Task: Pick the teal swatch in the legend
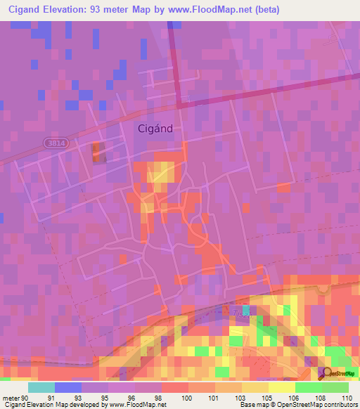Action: [x=41, y=387]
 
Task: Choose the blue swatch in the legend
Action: [x=68, y=387]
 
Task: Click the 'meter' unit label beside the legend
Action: [x=11, y=397]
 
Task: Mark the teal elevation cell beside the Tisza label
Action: [x=246, y=310]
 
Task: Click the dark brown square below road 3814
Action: [x=98, y=151]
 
